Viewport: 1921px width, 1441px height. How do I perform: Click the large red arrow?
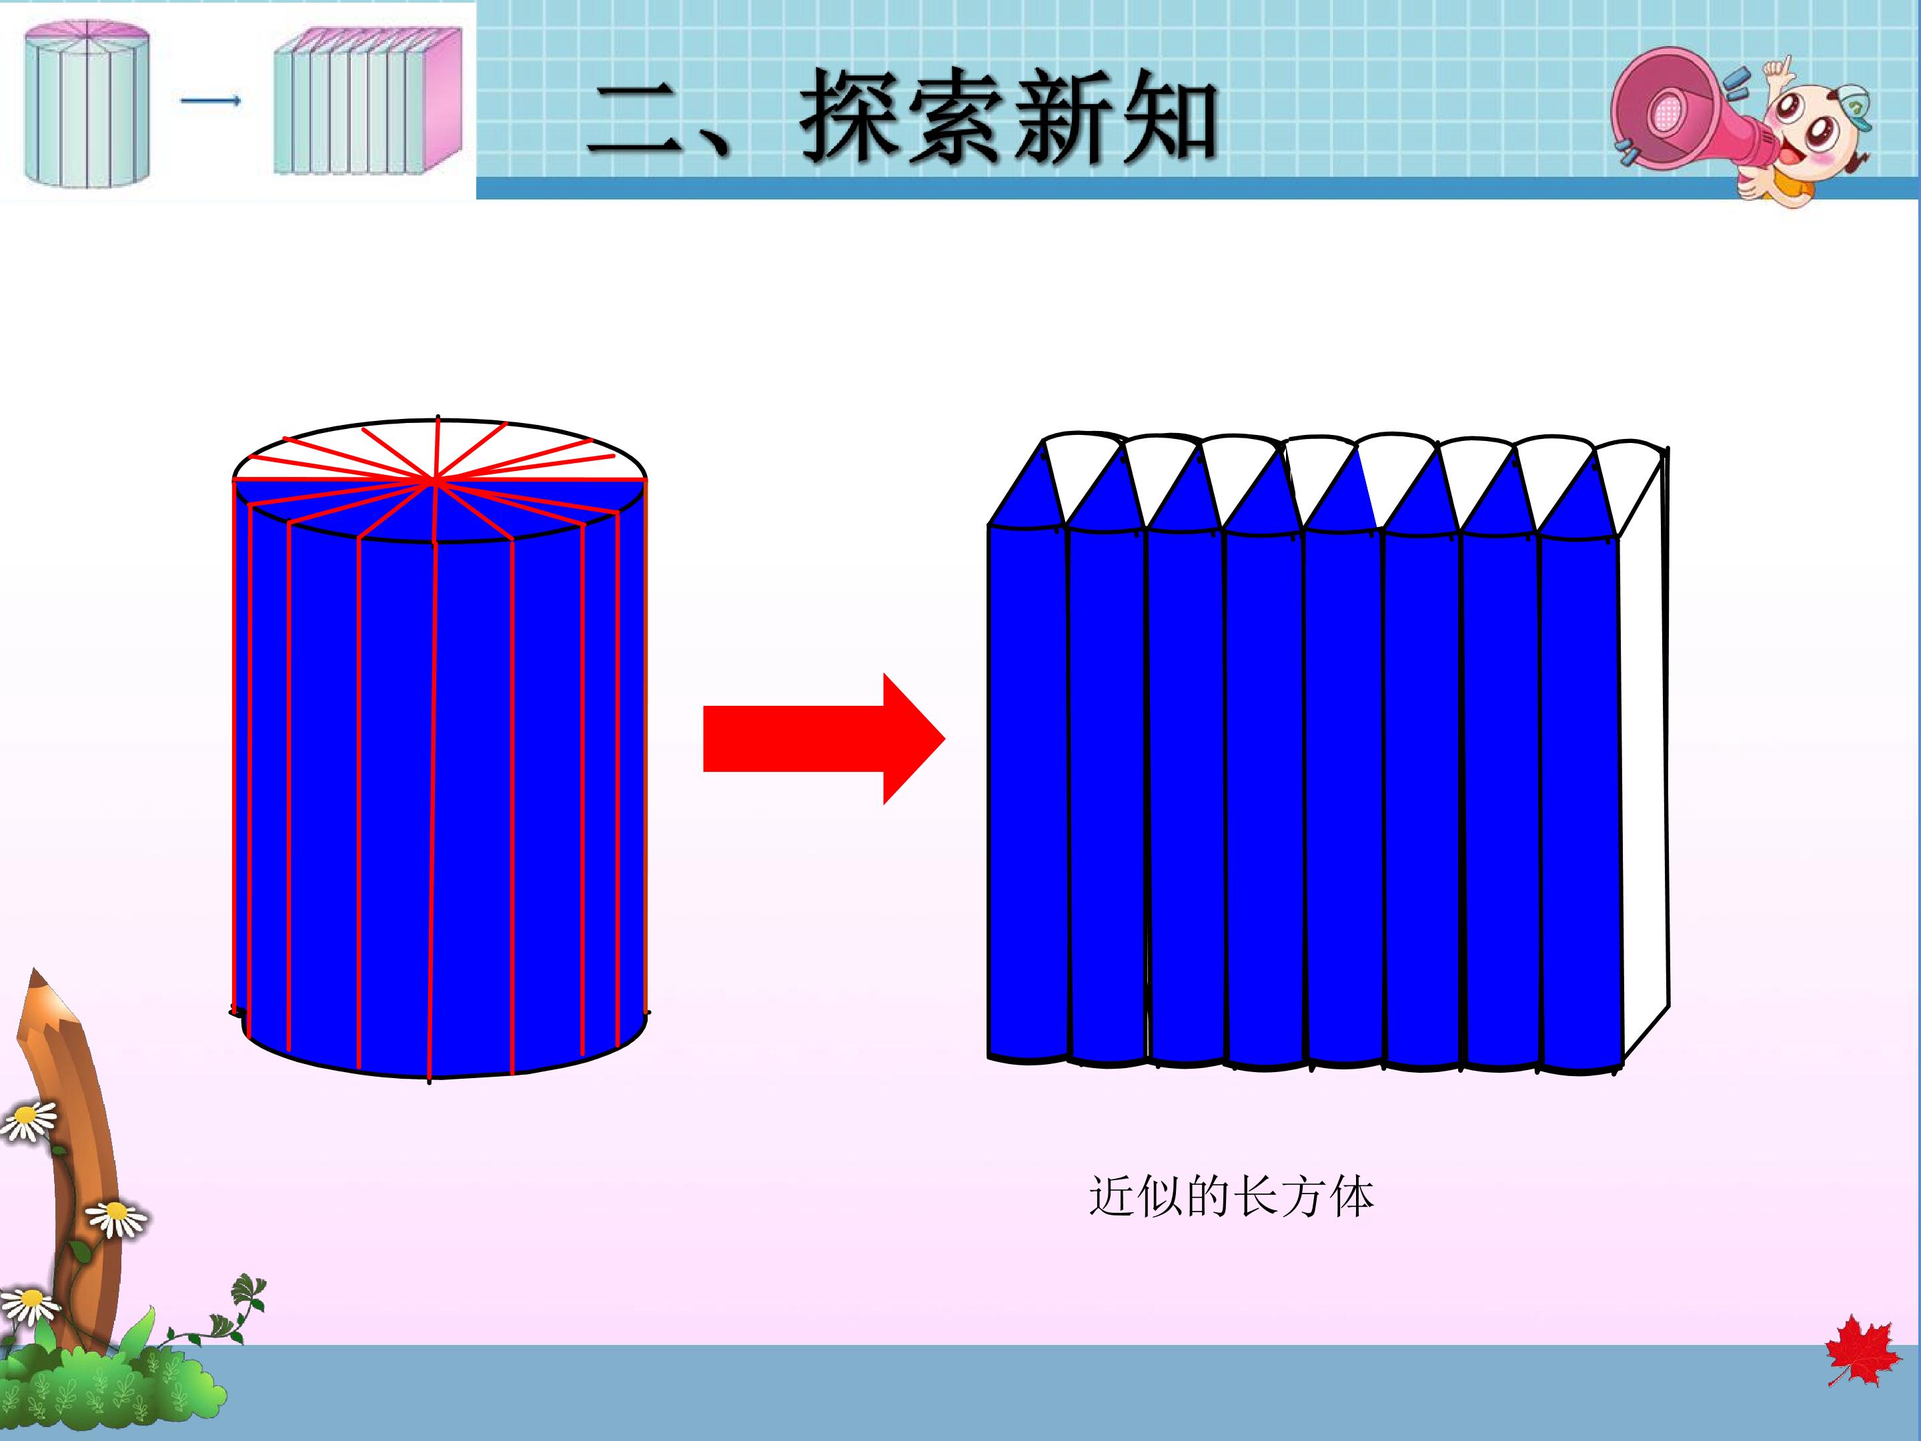coord(823,739)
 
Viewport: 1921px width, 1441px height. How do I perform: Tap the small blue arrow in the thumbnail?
coord(211,101)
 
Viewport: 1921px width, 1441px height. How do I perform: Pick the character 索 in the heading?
coord(957,115)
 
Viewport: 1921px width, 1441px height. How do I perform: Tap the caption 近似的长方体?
coord(1231,1197)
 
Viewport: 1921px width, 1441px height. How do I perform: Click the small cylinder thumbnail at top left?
coord(87,103)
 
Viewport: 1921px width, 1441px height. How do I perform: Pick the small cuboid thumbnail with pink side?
coord(368,101)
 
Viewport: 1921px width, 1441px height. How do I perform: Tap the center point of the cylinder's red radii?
coord(435,478)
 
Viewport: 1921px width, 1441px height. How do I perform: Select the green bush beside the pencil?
coord(113,1381)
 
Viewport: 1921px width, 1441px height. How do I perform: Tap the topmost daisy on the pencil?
coord(28,1121)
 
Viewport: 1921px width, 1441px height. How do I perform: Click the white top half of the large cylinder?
coord(439,450)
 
